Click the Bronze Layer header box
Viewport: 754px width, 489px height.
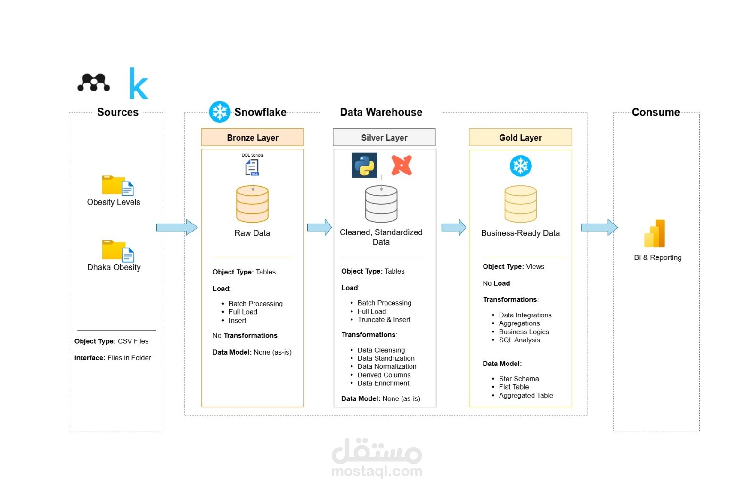coord(253,137)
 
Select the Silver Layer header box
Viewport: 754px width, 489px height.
coord(384,137)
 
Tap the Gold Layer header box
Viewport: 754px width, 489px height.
coord(520,137)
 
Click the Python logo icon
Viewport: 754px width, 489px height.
coord(364,166)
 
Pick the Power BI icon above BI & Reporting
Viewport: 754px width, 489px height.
coord(655,233)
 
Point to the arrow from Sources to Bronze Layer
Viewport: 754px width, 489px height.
coord(177,227)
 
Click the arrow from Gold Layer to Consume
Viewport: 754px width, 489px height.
coord(599,227)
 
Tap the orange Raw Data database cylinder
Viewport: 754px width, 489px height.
coord(253,204)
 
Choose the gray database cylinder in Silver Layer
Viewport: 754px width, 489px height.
coord(381,204)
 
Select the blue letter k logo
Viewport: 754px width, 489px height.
coord(139,83)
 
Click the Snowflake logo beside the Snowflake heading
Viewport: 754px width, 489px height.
coord(220,112)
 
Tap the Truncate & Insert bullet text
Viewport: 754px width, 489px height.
coord(384,320)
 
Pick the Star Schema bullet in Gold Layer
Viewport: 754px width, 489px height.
coord(519,379)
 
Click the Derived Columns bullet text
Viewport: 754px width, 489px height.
coord(384,375)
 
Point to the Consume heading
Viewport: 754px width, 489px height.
coord(656,112)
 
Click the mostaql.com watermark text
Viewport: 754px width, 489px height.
coord(377,471)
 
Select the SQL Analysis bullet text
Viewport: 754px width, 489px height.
coord(519,340)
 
